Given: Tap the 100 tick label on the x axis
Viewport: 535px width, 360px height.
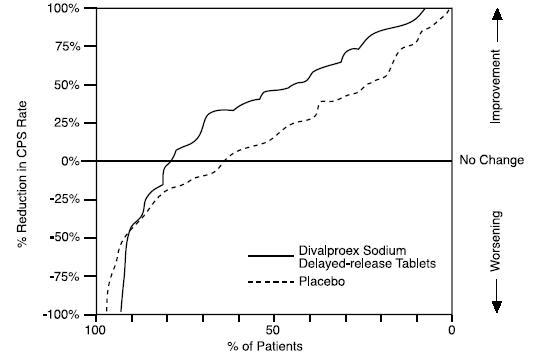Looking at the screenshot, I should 95,329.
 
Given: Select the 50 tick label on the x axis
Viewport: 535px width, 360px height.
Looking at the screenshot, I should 273,329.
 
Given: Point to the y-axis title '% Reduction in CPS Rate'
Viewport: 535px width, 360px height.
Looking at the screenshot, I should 22,160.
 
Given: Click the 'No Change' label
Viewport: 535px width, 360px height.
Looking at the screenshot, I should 492,160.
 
